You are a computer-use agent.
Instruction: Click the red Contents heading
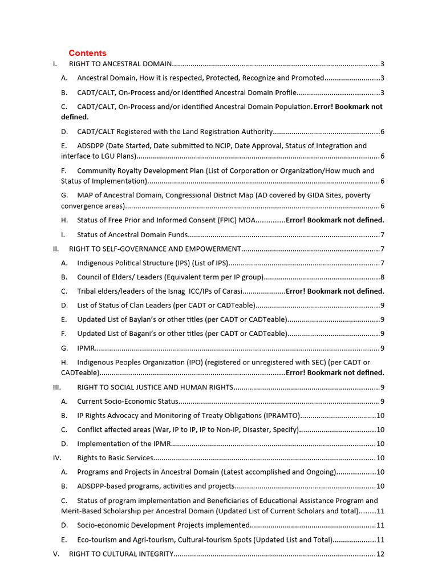(87, 53)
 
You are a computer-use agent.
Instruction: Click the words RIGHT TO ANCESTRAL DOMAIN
(120, 64)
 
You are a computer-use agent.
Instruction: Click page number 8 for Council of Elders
(382, 277)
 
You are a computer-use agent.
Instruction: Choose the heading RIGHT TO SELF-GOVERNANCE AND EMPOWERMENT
(155, 249)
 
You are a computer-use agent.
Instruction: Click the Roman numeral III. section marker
(56, 387)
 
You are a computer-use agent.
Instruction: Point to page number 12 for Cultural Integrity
(380, 554)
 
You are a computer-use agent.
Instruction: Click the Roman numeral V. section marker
(56, 554)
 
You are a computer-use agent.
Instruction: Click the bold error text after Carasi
(334, 291)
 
